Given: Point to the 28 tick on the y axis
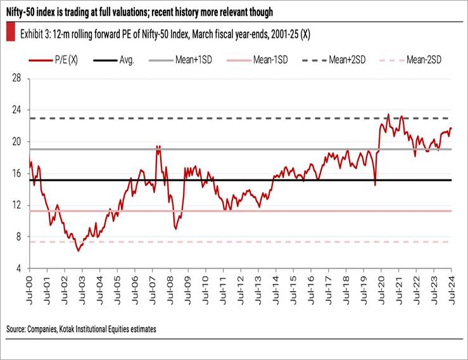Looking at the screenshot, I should click(x=17, y=78).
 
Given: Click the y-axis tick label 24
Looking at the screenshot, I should click(x=17, y=109).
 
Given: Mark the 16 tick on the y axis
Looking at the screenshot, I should click(x=17, y=173).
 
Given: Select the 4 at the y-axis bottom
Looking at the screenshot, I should click(x=20, y=269).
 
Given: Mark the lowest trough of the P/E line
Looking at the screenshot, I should click(x=79, y=251).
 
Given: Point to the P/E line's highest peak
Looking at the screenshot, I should click(x=388, y=115).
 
